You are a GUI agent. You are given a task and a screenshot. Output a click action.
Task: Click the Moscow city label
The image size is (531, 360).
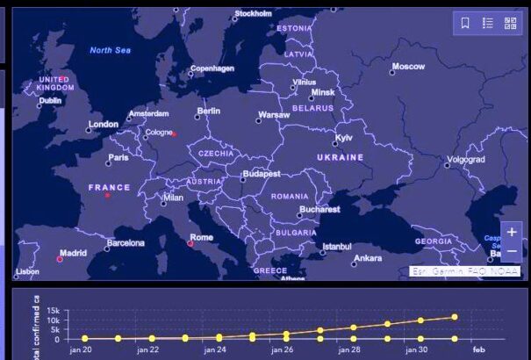tap(407, 67)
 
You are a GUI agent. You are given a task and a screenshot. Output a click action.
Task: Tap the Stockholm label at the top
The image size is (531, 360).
tap(253, 14)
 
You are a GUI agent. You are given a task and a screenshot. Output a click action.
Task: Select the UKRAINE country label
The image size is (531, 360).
tap(340, 157)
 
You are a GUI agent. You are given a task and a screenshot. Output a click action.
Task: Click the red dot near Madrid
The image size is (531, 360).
tap(60, 259)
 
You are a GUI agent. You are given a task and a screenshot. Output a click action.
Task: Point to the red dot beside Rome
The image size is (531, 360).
tap(190, 243)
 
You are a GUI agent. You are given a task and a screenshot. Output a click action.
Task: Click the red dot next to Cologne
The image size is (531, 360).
tap(175, 134)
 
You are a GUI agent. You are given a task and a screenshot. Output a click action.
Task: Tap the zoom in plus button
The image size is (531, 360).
tap(512, 233)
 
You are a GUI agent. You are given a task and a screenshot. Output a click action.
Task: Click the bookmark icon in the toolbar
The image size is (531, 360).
tap(465, 24)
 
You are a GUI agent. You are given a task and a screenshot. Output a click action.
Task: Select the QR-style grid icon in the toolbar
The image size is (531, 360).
tap(510, 24)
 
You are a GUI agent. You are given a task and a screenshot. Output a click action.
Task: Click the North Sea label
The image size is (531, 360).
tap(110, 50)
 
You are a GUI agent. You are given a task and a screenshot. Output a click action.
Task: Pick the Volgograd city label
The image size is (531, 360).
tap(464, 160)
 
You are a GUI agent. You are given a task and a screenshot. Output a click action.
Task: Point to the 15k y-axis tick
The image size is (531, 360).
tap(52, 312)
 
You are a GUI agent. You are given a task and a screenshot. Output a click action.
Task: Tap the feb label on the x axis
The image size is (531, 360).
tap(482, 349)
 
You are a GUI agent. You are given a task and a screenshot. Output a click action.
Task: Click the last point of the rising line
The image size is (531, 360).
tap(455, 317)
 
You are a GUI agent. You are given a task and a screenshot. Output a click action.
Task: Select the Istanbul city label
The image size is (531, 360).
tap(336, 247)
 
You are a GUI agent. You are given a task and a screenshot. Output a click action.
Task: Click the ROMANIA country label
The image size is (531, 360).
tap(289, 197)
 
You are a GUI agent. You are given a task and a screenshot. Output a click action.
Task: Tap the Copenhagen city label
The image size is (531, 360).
tap(212, 68)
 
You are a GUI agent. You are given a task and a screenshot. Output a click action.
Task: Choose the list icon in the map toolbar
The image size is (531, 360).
tap(488, 24)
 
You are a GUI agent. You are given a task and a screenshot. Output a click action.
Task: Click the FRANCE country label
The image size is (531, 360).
tap(109, 187)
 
